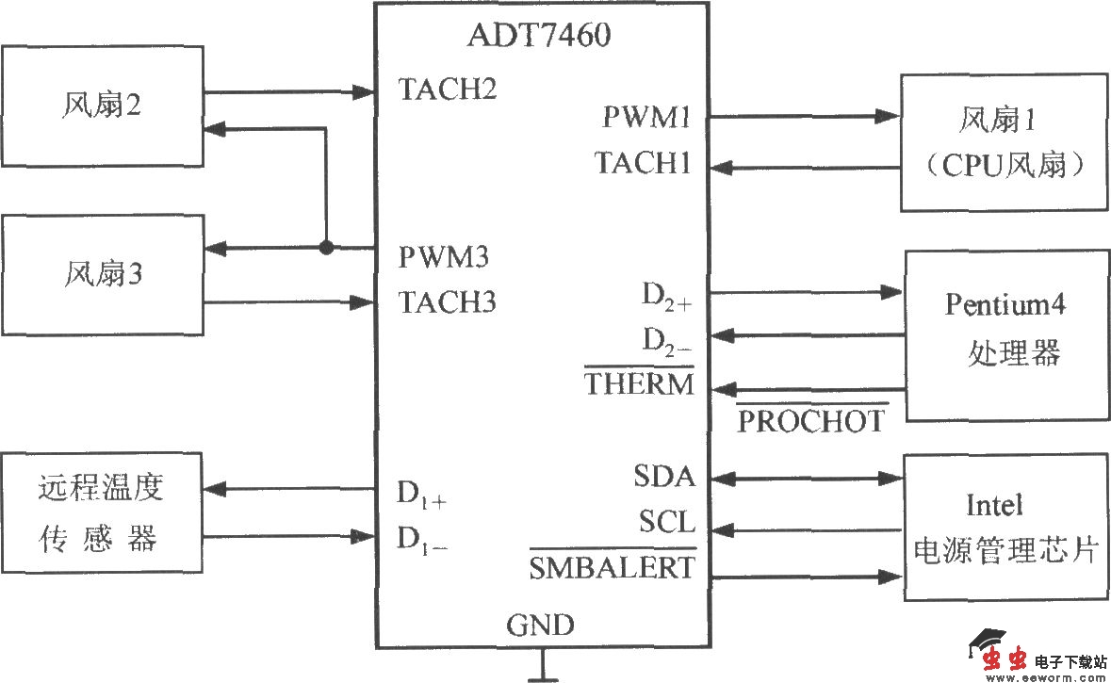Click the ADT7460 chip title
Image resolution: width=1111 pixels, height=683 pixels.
point(539,36)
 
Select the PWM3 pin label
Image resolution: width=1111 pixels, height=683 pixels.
point(444,256)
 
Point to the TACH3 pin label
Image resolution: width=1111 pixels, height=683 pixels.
point(448,302)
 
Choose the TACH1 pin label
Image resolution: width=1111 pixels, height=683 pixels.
point(644,163)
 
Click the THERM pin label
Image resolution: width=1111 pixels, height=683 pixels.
point(639,383)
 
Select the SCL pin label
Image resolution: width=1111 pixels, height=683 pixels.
point(666,521)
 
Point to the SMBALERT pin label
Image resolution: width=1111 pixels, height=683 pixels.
point(612,567)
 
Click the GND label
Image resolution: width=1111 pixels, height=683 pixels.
point(540,625)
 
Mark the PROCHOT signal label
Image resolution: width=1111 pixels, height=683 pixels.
point(810,421)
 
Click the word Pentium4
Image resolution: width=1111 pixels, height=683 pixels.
point(1005,305)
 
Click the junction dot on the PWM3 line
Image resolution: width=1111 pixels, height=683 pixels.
point(326,249)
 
